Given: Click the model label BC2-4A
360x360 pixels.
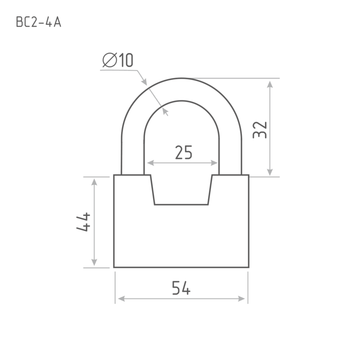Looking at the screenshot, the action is pos(39,22).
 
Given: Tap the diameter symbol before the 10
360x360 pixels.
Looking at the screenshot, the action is pos(110,60).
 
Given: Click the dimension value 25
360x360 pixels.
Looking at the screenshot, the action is pos(184,153).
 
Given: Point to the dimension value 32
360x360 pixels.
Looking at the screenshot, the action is pos(260,130).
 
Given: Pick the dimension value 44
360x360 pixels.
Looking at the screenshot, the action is pos(83,222).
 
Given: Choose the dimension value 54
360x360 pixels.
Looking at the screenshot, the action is pos(181,288).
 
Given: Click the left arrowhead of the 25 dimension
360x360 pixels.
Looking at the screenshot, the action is pos(150,163).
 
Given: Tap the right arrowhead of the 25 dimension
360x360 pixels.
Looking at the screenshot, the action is pos(214,163).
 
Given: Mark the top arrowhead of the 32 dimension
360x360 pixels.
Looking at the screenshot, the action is pos(270,84).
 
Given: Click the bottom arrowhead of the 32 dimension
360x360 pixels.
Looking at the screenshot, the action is pos(270,172).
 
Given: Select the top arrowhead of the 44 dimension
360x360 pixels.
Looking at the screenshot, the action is pos(94,182).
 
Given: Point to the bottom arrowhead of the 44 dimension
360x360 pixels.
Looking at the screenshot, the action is pos(94,262).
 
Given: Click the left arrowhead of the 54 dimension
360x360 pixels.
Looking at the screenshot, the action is pos(121,299).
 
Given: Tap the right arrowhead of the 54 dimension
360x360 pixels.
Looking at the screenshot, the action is pos(242,299).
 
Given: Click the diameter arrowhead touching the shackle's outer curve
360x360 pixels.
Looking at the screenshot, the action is pos(144,82).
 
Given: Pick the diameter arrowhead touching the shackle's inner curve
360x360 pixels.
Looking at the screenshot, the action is pos(165,111).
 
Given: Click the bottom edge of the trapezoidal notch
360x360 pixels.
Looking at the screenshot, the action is pos(181,204).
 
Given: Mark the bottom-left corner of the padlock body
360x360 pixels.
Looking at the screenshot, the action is pos(114,267).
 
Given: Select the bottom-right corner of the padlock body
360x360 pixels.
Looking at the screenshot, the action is pos(249,267).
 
